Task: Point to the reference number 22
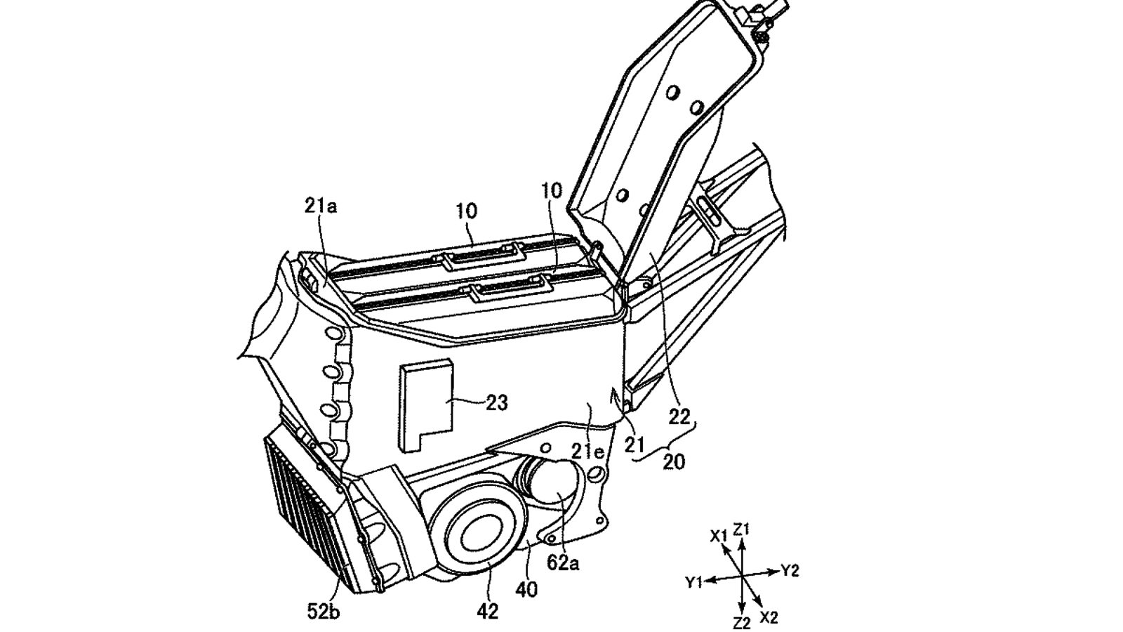(x=679, y=417)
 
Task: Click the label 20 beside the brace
(x=673, y=461)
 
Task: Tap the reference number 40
(x=526, y=589)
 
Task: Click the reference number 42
(x=487, y=611)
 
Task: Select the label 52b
(x=323, y=612)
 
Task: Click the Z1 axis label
(x=743, y=529)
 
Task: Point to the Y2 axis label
(x=790, y=571)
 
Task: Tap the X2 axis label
(x=769, y=617)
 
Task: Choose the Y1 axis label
(x=694, y=582)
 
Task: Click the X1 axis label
(x=718, y=536)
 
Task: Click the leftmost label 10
(x=466, y=210)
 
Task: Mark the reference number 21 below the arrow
(x=635, y=445)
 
